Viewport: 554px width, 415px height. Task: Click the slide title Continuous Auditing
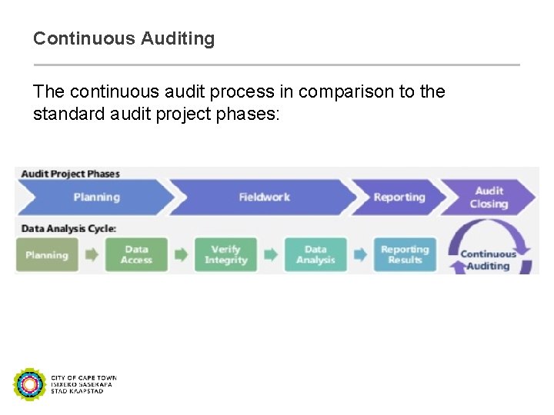tap(124, 38)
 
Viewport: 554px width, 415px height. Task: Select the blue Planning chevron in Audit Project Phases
tap(96, 198)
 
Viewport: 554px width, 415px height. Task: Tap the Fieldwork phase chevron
tap(264, 198)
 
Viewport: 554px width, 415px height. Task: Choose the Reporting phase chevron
tap(399, 198)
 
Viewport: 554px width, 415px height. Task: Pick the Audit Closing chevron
tap(489, 198)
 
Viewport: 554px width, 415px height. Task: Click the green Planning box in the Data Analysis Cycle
tap(47, 255)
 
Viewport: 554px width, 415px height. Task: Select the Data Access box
tap(136, 255)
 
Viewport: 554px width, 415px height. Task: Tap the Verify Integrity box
tap(225, 255)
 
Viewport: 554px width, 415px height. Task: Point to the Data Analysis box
tap(315, 255)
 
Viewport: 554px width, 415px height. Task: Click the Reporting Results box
tap(405, 255)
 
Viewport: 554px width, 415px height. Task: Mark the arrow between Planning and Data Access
tap(92, 255)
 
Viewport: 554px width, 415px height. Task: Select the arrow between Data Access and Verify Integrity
tap(181, 255)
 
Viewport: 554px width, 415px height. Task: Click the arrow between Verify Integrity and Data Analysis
tap(271, 255)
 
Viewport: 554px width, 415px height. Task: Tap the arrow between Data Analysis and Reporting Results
tap(360, 255)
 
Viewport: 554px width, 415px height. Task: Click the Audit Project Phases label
tap(70, 174)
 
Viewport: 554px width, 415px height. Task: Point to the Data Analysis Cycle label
tap(68, 228)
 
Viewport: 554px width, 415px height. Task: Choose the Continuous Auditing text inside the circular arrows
tap(489, 260)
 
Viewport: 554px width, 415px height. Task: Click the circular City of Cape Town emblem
tap(30, 384)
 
